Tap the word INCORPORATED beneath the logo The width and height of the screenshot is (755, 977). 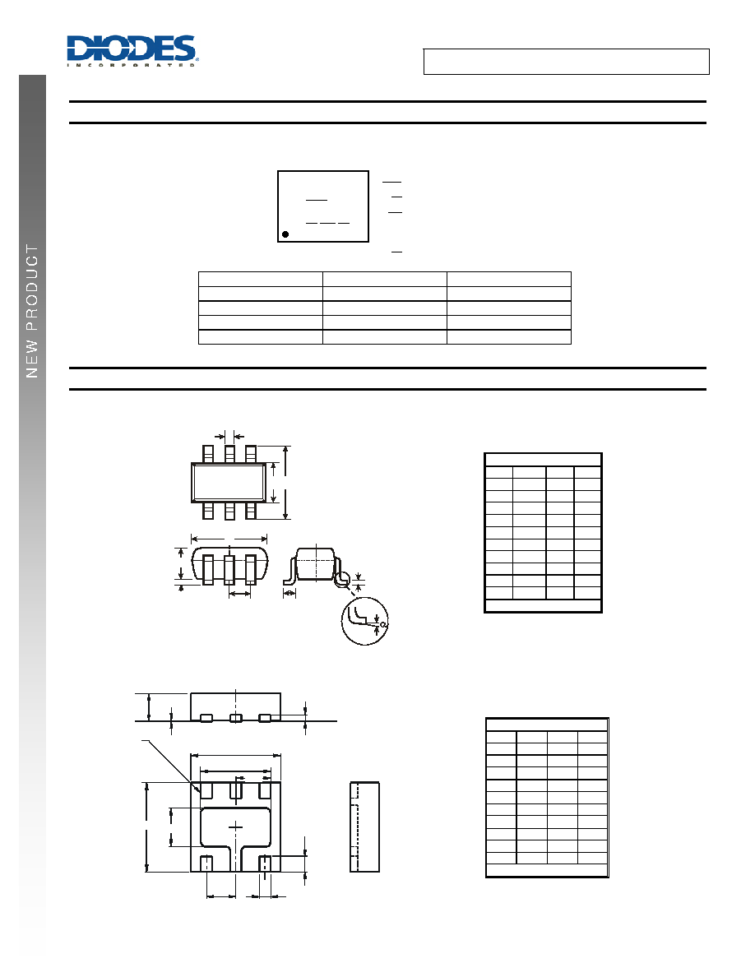[x=132, y=65]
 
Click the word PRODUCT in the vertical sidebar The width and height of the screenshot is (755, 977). [x=32, y=288]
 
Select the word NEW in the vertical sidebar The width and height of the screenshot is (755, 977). [x=32, y=359]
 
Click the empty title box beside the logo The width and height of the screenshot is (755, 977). [x=566, y=62]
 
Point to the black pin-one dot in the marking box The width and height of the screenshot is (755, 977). [x=285, y=234]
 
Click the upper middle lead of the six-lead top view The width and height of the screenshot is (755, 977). [x=229, y=454]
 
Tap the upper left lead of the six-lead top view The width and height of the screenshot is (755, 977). [x=208, y=454]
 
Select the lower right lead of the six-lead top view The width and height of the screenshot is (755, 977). [x=251, y=511]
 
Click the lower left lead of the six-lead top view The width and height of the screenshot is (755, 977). [x=208, y=511]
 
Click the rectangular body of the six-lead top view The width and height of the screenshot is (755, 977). [x=229, y=482]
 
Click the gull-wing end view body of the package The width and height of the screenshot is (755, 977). [x=317, y=564]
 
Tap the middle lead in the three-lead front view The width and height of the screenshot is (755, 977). [x=229, y=569]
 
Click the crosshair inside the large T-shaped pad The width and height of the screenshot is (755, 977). [x=235, y=827]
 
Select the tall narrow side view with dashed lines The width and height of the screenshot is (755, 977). [x=364, y=827]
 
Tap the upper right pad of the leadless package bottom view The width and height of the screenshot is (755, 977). [x=265, y=790]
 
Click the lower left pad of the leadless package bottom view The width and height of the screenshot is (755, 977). [x=206, y=864]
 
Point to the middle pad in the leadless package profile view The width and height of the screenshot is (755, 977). [x=235, y=719]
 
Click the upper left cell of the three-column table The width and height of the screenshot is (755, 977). [x=261, y=279]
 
